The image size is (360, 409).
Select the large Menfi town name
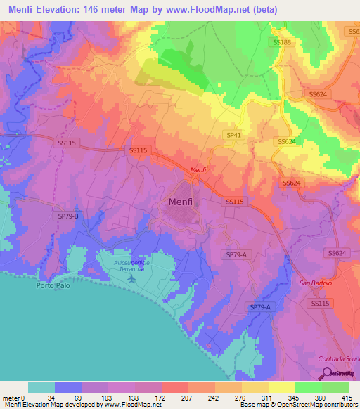pyautogui.click(x=185, y=202)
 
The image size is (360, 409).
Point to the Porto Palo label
pyautogui.click(x=51, y=286)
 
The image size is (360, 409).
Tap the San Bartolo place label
pyautogui.click(x=314, y=283)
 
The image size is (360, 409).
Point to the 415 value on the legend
pyautogui.click(x=347, y=397)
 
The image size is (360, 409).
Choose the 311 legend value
pyautogui.click(x=266, y=397)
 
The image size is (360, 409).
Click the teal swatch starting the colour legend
pyautogui.click(x=41, y=387)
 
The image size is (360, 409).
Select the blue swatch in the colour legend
pyautogui.click(x=67, y=387)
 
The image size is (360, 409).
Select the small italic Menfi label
pyautogui.click(x=199, y=169)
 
